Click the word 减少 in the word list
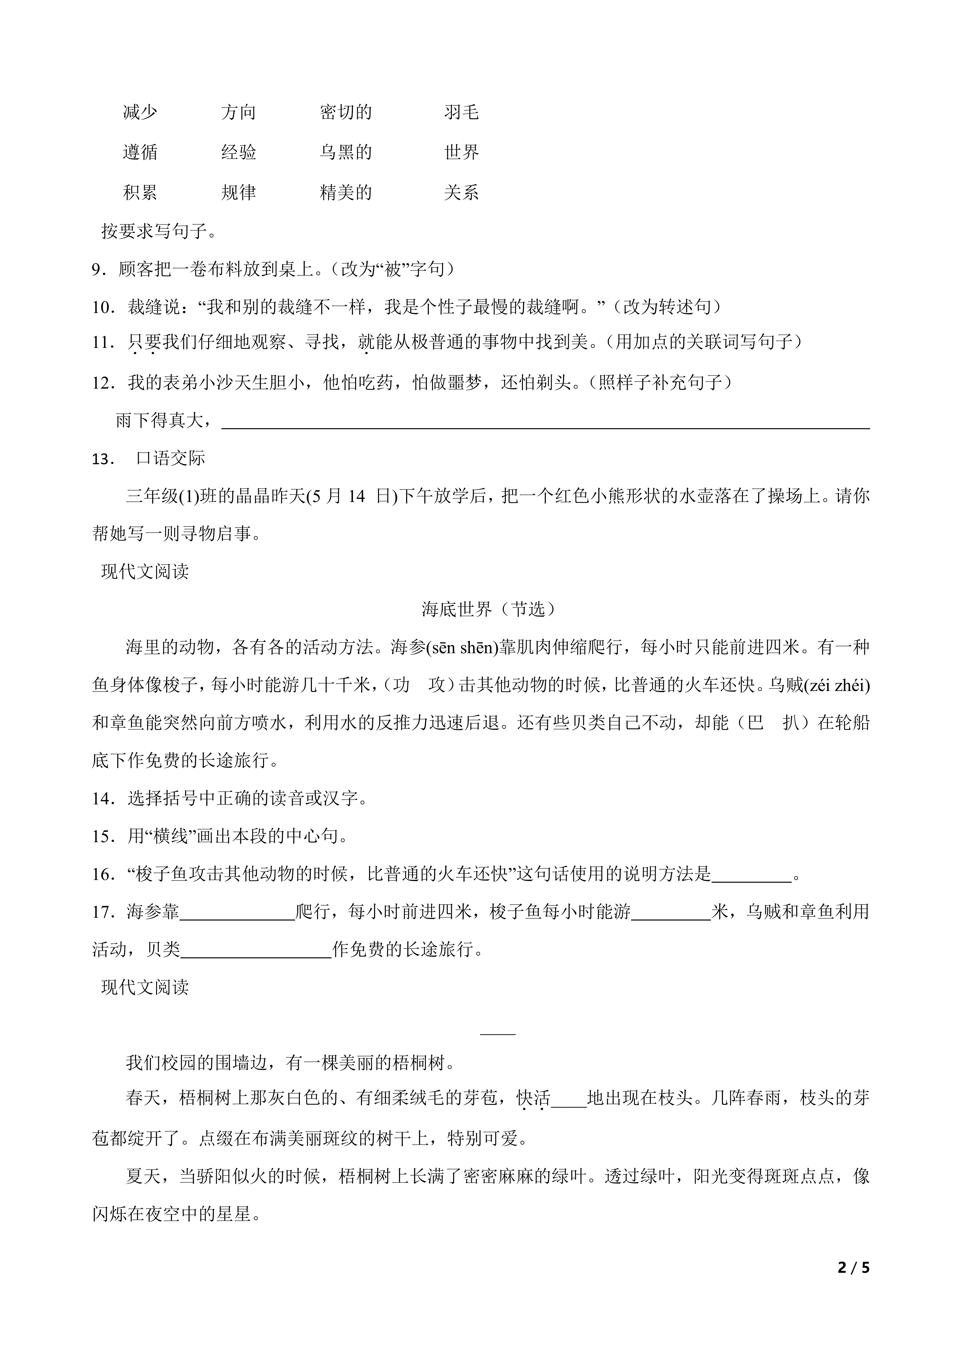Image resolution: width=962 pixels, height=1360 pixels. (x=140, y=112)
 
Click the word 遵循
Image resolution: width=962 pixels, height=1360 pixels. (x=140, y=152)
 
